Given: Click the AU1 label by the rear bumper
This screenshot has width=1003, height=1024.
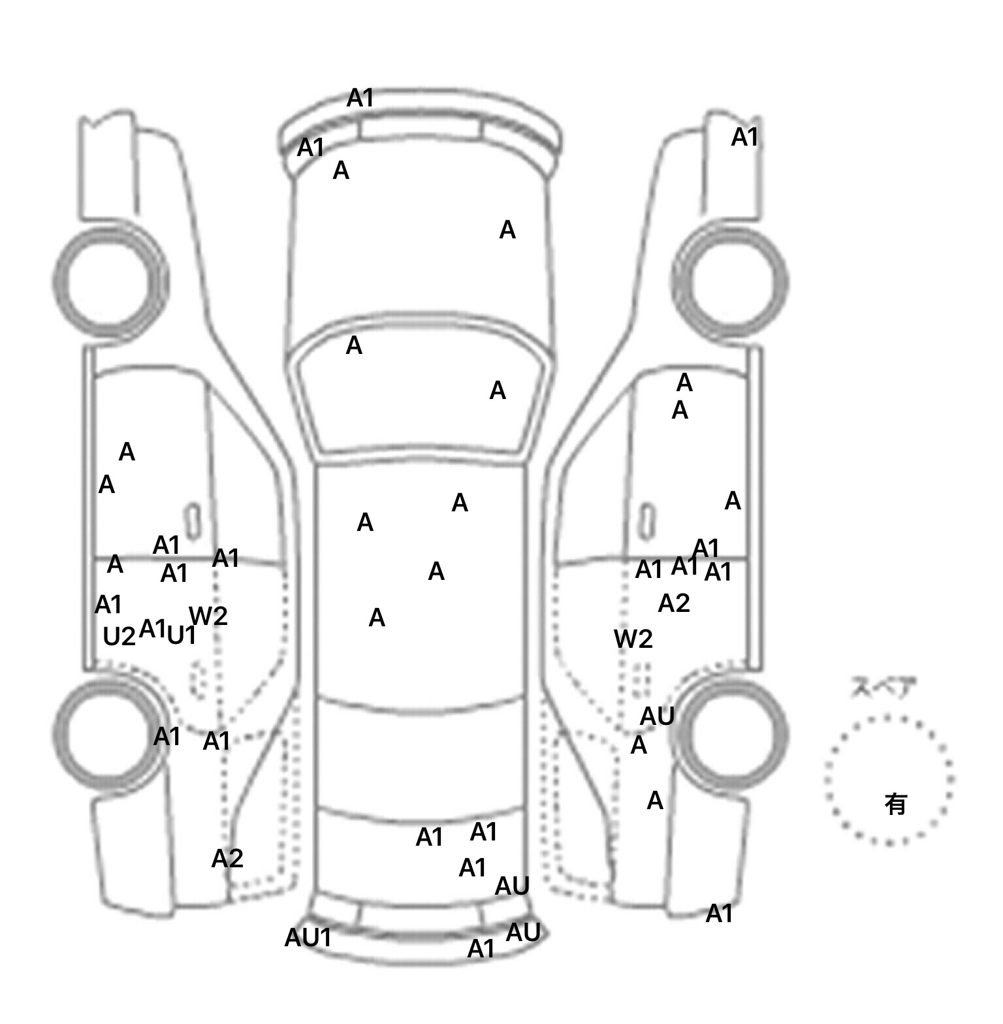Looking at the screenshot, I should click(x=308, y=938).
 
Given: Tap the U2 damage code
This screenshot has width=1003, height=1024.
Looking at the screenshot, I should click(x=119, y=636).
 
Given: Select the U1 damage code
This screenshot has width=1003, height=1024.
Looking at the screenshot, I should click(x=182, y=635).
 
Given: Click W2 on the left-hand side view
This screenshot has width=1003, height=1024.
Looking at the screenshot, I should click(x=208, y=615).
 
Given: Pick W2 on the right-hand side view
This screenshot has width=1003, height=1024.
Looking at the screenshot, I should click(x=633, y=639).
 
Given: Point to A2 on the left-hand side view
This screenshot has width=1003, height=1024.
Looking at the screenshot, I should click(x=227, y=858).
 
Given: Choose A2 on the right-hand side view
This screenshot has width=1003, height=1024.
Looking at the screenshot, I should click(x=674, y=603).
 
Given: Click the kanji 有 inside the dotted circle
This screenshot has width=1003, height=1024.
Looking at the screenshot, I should click(x=895, y=804).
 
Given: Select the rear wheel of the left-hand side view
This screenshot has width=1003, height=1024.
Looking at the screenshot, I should click(x=107, y=733).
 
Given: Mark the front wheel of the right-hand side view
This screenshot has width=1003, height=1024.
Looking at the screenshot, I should click(x=730, y=282).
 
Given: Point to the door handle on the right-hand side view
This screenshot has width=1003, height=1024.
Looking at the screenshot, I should click(x=646, y=520).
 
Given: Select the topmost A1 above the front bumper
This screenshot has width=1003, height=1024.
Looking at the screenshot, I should click(x=360, y=98).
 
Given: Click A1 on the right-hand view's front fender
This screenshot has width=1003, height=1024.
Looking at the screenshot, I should click(x=744, y=137).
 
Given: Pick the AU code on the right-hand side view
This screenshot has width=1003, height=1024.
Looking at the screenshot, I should click(x=657, y=716).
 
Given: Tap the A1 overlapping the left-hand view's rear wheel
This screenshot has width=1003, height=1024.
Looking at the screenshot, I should click(x=167, y=737).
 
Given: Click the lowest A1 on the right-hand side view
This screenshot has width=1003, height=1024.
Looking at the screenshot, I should click(x=719, y=914).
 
